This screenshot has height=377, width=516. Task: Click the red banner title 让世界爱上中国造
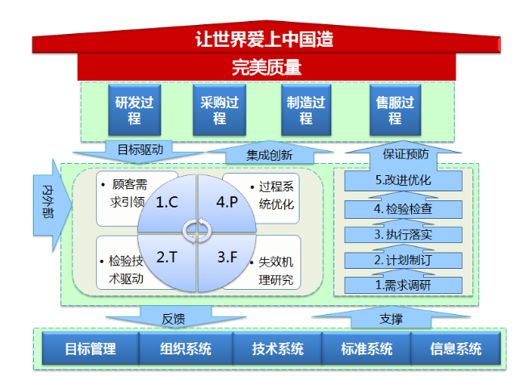click(x=264, y=39)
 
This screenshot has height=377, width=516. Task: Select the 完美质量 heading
click(x=266, y=68)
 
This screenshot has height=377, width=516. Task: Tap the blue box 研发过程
click(x=135, y=110)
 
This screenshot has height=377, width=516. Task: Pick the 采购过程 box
click(x=220, y=110)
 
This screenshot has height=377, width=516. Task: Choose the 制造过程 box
click(x=306, y=110)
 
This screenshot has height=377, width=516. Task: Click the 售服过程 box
click(x=395, y=110)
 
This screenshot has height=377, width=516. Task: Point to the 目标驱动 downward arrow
click(x=140, y=151)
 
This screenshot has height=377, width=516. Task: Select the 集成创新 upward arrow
click(x=270, y=153)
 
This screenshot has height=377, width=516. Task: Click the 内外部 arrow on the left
click(x=52, y=205)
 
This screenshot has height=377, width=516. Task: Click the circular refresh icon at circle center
click(x=197, y=231)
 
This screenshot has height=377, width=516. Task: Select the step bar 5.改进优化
click(x=404, y=180)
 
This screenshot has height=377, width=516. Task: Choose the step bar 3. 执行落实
click(x=404, y=234)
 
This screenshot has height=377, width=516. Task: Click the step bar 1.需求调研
click(x=404, y=285)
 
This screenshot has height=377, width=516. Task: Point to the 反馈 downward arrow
click(x=175, y=317)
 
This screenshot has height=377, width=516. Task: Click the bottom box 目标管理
click(x=90, y=349)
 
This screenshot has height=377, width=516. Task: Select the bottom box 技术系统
click(x=278, y=349)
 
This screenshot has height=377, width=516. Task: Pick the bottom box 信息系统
click(x=455, y=349)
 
